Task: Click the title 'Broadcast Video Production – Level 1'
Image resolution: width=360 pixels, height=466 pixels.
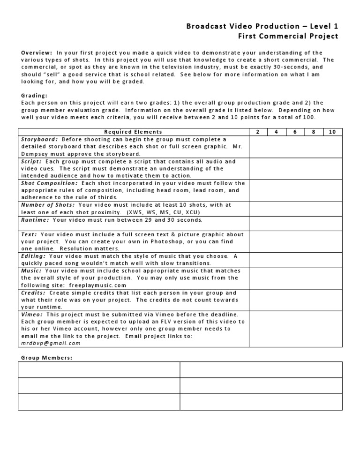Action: pos(262,26)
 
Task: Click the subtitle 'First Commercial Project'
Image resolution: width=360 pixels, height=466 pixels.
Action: pos(288,36)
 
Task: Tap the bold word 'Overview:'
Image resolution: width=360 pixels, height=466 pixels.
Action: pos(37,53)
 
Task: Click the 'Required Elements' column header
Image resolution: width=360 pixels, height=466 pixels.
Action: pos(133,132)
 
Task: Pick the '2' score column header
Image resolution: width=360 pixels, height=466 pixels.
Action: pos(258,132)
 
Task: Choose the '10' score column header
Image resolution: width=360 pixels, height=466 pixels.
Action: pos(332,132)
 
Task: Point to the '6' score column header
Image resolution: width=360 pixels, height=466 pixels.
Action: pos(295,132)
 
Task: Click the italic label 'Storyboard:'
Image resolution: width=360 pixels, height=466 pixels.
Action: pos(40,139)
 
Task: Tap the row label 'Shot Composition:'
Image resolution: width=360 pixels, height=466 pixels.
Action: pos(49,183)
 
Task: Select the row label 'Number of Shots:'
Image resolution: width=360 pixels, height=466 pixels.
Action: pos(48,205)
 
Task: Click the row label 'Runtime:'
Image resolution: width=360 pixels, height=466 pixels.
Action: pos(35,219)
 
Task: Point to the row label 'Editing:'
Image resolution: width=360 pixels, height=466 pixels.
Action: pos(34,256)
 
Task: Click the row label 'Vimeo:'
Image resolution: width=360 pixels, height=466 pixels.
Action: pos(32,314)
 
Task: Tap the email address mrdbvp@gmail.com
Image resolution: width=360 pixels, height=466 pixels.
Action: pos(51,343)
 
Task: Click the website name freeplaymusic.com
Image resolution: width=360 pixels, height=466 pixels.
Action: pos(98,285)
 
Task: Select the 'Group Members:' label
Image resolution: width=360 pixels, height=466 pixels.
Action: pos(47,358)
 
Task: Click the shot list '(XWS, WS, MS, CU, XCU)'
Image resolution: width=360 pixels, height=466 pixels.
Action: pos(163,212)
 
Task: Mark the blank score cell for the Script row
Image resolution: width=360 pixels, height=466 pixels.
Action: pos(295,168)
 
